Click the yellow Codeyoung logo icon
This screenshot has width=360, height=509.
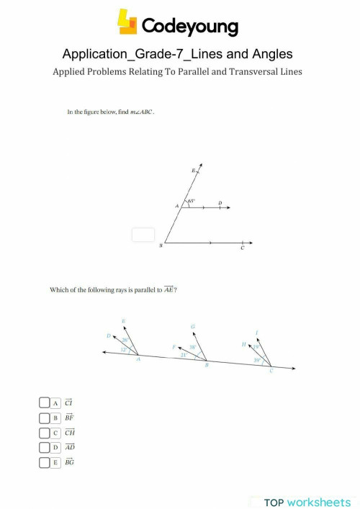[x=128, y=23]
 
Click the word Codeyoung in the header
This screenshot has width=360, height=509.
[x=189, y=27]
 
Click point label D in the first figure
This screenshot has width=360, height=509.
[x=220, y=203]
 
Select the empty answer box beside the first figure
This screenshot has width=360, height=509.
[x=143, y=235]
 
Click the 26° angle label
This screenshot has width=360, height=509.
[x=125, y=340]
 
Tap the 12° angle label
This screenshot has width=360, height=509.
[x=123, y=349]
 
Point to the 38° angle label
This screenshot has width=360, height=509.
[x=192, y=346]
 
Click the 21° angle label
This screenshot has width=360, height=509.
[x=184, y=355]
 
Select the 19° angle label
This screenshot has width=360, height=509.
[x=256, y=347]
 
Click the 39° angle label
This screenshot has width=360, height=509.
[x=257, y=360]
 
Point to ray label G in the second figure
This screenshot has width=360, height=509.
[x=192, y=327]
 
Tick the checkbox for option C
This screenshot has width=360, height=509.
[x=45, y=433]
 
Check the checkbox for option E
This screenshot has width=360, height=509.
[x=45, y=462]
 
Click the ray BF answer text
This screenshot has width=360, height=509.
[x=69, y=418]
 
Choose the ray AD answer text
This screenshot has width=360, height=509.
[x=70, y=447]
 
